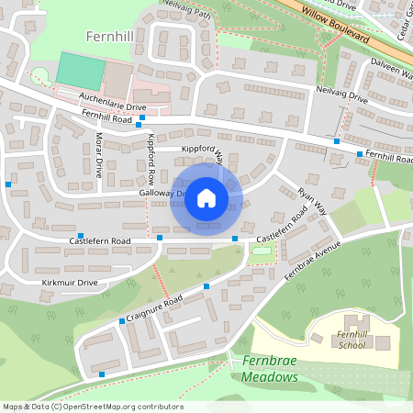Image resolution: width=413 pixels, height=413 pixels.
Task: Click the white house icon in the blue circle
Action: click(206, 198)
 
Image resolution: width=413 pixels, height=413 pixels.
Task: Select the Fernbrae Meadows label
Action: click(271, 370)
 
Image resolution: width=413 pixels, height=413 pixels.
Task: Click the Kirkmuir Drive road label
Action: click(70, 283)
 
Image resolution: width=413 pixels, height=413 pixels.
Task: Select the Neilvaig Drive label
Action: click(341, 97)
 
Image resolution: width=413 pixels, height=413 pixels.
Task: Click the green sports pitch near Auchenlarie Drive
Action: click(80, 70)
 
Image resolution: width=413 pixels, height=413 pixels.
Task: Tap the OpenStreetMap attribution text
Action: click(94, 406)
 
